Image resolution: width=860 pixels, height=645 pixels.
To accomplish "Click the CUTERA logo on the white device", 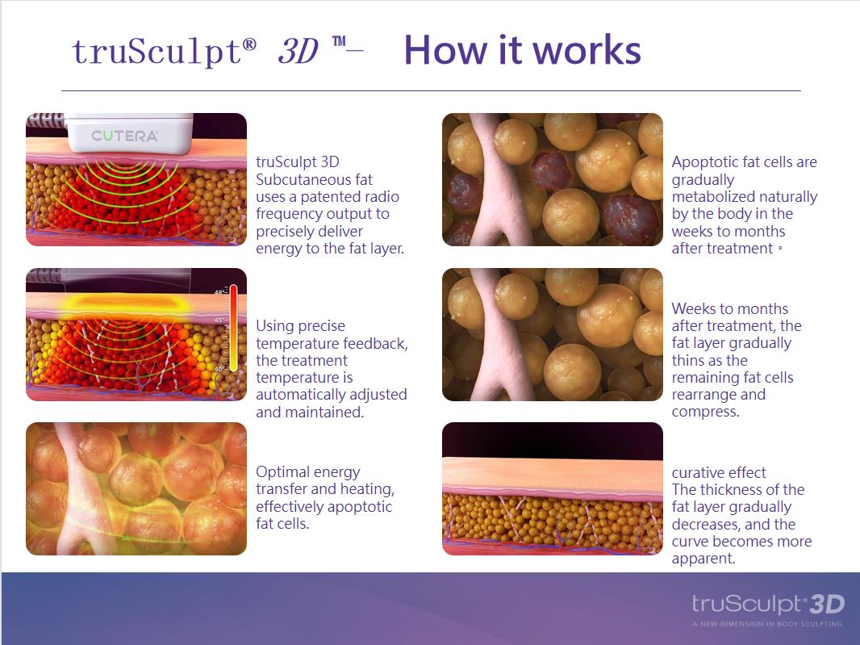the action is tap(124, 136).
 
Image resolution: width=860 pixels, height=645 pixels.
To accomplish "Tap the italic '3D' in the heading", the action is tap(298, 51).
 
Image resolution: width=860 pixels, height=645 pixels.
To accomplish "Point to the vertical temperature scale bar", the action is tap(233, 329).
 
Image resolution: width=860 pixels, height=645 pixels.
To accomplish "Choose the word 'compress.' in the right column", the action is tap(705, 413).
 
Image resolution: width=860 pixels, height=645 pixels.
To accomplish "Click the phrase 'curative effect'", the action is tap(719, 472).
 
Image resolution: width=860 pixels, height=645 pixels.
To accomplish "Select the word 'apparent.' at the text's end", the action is tap(703, 559).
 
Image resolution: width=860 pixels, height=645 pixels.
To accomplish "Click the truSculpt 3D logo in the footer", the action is tap(768, 604).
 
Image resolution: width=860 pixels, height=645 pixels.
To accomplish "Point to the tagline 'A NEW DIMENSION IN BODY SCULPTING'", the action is tap(766, 623).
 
